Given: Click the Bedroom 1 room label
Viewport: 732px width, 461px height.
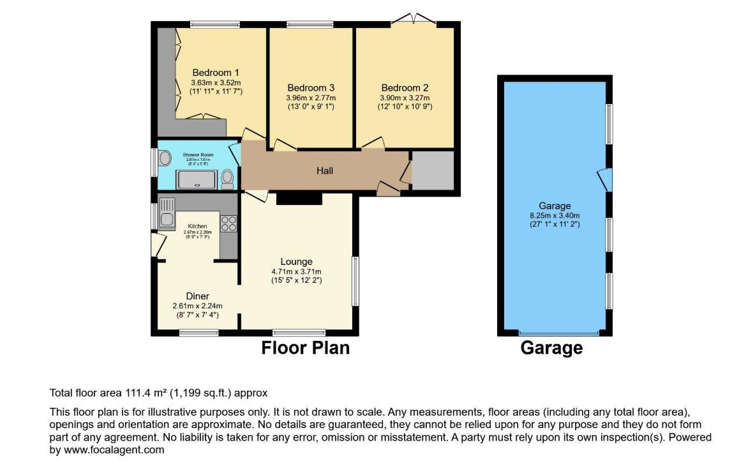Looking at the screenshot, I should click(x=216, y=72).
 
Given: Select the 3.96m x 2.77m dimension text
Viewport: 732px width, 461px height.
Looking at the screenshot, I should click(x=311, y=98).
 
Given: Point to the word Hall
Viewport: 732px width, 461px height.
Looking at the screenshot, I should click(x=325, y=171).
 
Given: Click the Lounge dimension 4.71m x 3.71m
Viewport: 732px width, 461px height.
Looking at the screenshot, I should click(x=297, y=271).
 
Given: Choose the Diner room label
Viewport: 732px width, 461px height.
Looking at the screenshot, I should click(x=197, y=296).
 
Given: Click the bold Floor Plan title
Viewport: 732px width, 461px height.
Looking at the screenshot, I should click(x=306, y=348).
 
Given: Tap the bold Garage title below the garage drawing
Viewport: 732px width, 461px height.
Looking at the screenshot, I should click(x=551, y=348).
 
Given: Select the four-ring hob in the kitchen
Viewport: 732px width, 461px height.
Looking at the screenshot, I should click(x=228, y=224).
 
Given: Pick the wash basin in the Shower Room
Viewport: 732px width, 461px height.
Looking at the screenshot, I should click(x=165, y=158).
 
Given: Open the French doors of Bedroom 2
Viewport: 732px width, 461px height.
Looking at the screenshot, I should click(x=413, y=19).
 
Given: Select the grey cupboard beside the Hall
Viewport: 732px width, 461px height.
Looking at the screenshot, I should click(x=433, y=170).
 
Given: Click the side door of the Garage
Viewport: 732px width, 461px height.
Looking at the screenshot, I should click(x=606, y=179).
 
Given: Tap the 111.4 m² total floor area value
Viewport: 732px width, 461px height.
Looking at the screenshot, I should click(x=128, y=393).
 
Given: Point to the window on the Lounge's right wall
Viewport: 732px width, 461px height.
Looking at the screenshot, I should click(x=355, y=282).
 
